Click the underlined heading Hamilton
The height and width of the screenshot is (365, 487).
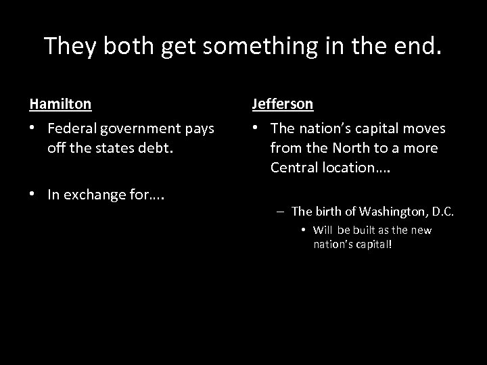[x=61, y=104]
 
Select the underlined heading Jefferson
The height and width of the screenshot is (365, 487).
[x=282, y=104]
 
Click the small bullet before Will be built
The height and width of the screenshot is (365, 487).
[x=304, y=230]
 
